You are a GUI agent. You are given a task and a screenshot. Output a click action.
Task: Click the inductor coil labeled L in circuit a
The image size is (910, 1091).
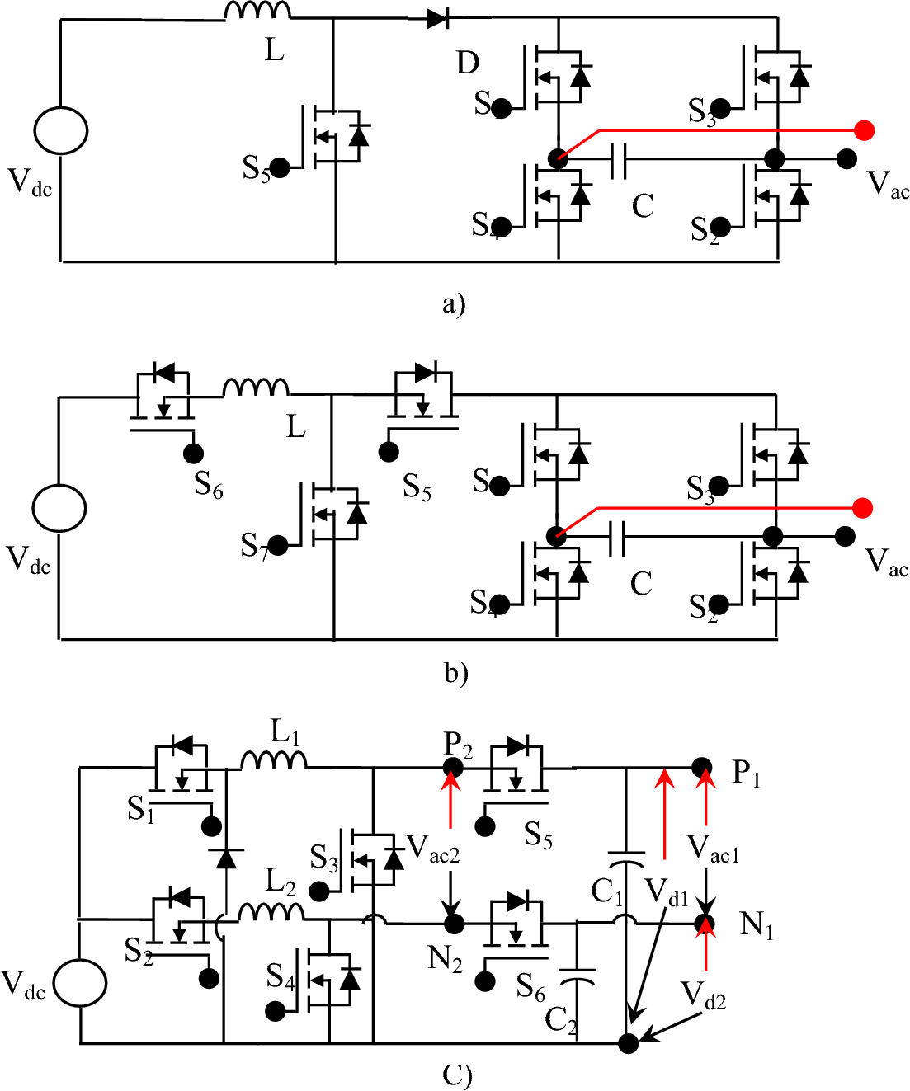pos(257,11)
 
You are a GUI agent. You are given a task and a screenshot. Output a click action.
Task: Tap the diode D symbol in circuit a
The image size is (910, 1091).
pos(438,17)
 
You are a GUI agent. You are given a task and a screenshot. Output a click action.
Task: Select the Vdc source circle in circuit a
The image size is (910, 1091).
pos(60,130)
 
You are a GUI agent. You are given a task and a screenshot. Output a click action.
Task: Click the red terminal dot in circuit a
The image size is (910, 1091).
pos(864,130)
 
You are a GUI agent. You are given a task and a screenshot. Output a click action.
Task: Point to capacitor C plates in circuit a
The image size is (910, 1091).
pos(618,159)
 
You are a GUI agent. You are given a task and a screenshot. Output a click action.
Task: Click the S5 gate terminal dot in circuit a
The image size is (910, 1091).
pos(280,167)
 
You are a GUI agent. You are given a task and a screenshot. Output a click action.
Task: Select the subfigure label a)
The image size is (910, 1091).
pos(454,303)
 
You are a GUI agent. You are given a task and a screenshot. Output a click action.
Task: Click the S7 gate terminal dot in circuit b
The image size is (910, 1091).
pos(278,545)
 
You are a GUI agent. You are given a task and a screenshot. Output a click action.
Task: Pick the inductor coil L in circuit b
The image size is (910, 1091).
pos(256,388)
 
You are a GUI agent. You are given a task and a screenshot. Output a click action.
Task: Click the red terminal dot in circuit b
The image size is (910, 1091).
pos(862,508)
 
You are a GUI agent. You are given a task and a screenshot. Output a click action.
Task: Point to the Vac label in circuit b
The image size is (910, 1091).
pos(886,562)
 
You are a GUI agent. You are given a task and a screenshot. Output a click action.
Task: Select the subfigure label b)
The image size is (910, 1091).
pos(455,673)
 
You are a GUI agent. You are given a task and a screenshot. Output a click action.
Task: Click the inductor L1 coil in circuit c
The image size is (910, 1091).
pos(273,759)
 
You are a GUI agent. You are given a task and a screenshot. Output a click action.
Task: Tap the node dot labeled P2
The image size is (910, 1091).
pos(452,768)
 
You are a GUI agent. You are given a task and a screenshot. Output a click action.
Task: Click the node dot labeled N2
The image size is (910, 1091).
pos(452,924)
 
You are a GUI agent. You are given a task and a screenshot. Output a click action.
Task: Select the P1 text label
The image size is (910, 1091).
pos(746,774)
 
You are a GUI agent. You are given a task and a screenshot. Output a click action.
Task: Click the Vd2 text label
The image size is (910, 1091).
pos(703,995)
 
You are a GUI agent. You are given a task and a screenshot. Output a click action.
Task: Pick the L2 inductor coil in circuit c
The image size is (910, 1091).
pos(270,911)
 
